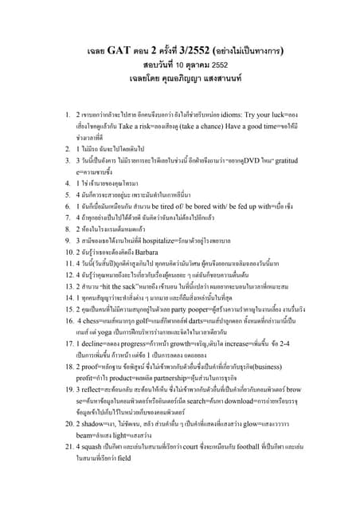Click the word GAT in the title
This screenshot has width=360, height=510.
126,49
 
